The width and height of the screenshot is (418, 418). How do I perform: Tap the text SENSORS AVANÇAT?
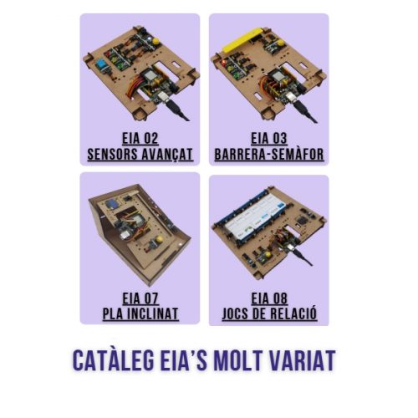pos(140,155)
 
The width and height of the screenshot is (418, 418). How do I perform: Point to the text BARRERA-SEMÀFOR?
pos(269,155)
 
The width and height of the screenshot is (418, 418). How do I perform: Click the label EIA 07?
pos(140,298)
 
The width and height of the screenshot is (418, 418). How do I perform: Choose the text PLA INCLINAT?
pos(140,313)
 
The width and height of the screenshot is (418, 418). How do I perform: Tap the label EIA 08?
pos(269,298)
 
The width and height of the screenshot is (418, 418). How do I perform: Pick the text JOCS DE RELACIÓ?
pos(269,313)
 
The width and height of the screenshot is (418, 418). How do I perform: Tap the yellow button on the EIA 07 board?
pos(156,241)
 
